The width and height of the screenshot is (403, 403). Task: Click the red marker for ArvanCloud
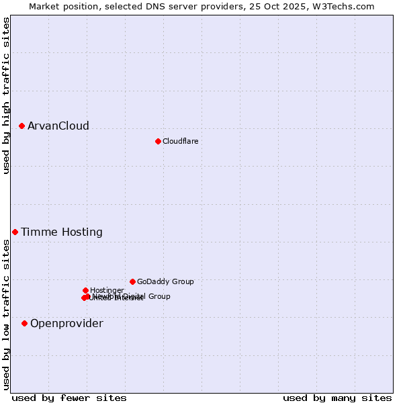click(22, 126)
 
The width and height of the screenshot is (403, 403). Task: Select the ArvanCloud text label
click(58, 126)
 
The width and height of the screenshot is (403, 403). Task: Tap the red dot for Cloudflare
click(158, 141)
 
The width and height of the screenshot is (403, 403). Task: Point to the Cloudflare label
click(180, 142)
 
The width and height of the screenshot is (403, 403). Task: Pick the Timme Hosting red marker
click(15, 232)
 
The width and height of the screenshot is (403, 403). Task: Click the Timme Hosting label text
click(62, 232)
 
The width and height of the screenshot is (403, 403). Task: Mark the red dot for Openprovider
click(24, 323)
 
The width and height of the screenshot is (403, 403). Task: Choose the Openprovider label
click(66, 324)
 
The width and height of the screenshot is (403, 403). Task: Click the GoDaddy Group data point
click(132, 281)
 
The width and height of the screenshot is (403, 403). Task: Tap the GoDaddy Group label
click(165, 282)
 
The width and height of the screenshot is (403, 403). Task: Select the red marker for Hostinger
click(85, 290)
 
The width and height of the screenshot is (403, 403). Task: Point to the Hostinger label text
click(107, 291)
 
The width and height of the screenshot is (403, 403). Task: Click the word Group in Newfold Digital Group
click(159, 296)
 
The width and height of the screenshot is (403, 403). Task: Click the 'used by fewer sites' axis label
click(69, 398)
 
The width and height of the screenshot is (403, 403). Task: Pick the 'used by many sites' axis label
click(337, 398)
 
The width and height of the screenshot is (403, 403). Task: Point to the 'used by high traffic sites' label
click(7, 96)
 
